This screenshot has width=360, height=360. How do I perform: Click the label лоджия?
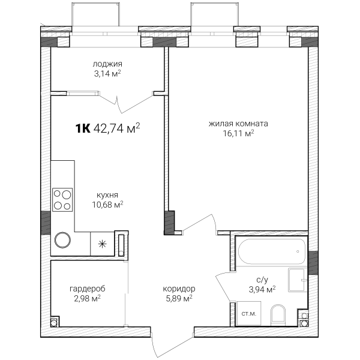coord(107,64)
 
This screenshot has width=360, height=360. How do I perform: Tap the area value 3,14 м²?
coord(107,74)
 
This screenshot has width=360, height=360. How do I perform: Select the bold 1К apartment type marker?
coord(83,128)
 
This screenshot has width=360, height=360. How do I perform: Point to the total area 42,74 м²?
coord(116,128)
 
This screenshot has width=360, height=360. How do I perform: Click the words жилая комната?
coord(238,124)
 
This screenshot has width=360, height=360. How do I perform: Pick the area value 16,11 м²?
coord(238,133)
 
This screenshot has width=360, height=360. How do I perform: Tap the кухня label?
coord(107,195)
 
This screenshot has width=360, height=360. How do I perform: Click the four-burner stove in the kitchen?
coord(62,200)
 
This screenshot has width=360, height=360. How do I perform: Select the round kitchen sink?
coord(62,240)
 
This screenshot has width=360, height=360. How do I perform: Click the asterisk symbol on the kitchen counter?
coord(102,244)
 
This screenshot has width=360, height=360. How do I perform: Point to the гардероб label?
coord(87,289)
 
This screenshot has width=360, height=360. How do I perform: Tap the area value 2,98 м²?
coord(87,298)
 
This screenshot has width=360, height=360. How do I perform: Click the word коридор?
coord(179,289)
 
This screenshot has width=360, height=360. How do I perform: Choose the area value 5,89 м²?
coord(179,298)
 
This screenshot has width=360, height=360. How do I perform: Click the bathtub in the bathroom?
coord(272,251)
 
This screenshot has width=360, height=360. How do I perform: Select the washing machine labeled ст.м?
coord(249,313)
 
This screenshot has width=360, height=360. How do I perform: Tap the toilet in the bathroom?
coord(278,315)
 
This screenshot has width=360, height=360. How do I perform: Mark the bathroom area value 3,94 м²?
coord(262,290)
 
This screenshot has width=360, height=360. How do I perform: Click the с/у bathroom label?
coord(262,280)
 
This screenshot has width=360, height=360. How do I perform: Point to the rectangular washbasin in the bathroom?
coord(298,280)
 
